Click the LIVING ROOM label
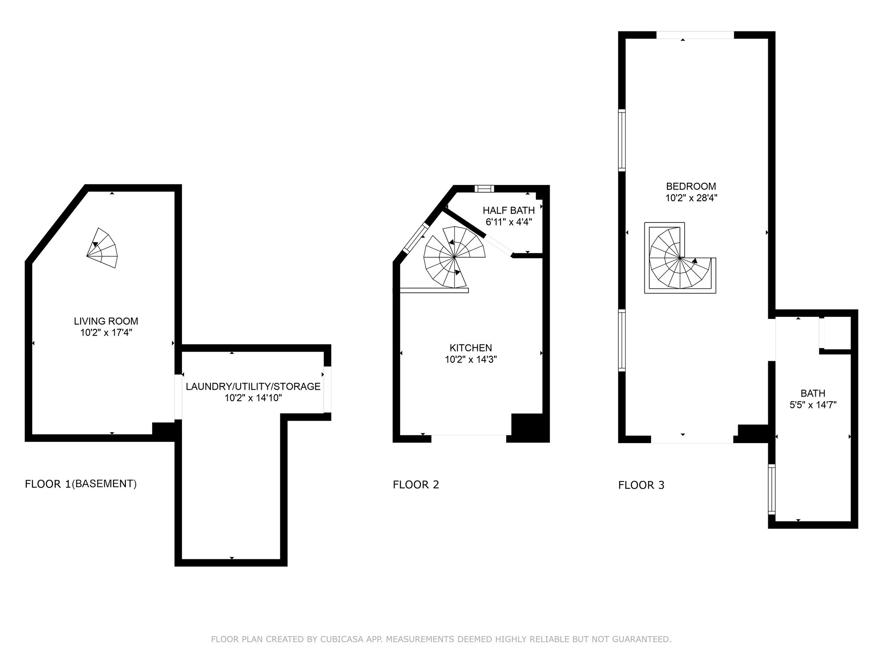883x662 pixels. click(x=106, y=321)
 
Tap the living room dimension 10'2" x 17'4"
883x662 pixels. click(x=106, y=333)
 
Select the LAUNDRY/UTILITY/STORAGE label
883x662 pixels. click(x=253, y=387)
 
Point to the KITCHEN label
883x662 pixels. click(x=471, y=348)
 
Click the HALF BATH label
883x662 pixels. click(x=509, y=210)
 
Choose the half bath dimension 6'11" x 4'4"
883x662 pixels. click(x=509, y=222)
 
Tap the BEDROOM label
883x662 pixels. click(x=691, y=186)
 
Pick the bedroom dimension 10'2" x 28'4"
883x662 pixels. click(x=691, y=198)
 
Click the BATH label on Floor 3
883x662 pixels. click(x=813, y=393)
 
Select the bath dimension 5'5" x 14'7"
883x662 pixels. click(x=813, y=405)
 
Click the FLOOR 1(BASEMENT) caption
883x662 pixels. click(x=81, y=484)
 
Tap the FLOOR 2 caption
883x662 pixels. click(x=416, y=485)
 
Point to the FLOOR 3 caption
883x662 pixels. click(x=642, y=485)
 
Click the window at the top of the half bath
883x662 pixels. click(x=484, y=188)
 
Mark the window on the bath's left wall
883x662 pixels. click(x=772, y=489)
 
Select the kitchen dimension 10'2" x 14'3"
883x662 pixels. click(x=471, y=359)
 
